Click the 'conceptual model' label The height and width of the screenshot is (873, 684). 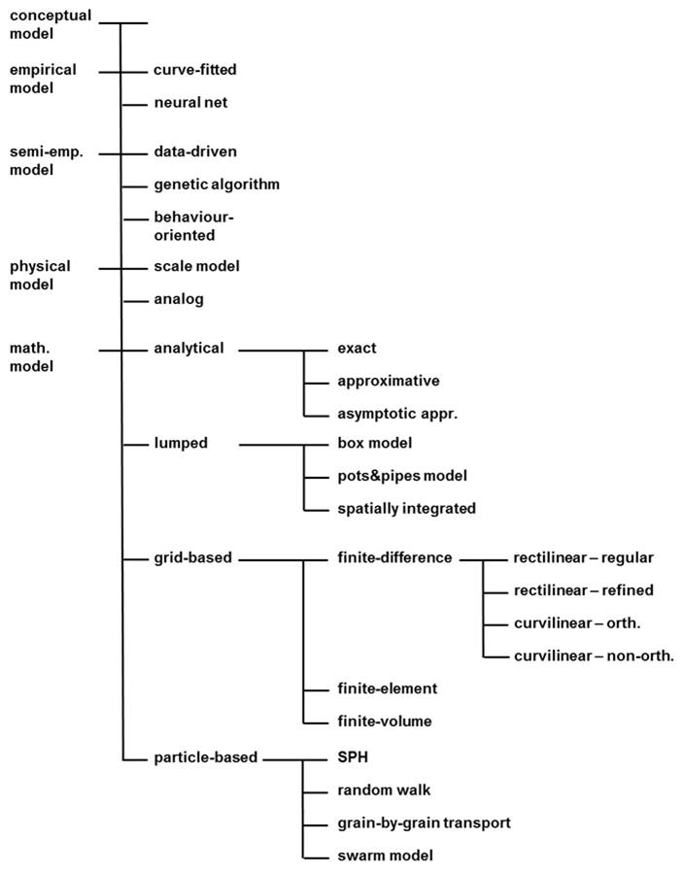click(x=50, y=24)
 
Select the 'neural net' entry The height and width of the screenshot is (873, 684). click(x=190, y=102)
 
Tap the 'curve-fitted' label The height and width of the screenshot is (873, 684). click(x=195, y=70)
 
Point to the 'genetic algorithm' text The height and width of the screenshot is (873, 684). click(x=217, y=184)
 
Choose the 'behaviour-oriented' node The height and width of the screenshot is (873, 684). click(x=194, y=225)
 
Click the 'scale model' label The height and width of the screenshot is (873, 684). click(x=196, y=266)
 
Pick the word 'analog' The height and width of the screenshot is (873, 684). click(x=179, y=299)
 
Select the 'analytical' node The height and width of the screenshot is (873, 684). click(x=188, y=348)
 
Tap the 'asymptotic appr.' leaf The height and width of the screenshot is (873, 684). click(x=396, y=413)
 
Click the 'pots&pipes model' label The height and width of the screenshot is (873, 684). click(x=402, y=475)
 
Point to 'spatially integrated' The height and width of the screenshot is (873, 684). click(x=406, y=508)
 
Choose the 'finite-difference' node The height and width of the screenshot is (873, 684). click(x=394, y=557)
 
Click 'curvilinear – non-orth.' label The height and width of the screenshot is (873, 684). click(x=593, y=655)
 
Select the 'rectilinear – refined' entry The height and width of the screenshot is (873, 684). click(x=583, y=590)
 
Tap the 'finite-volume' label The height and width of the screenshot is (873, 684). click(x=384, y=721)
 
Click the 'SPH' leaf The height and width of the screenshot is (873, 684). click(x=352, y=756)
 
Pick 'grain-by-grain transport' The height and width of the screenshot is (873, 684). click(x=424, y=823)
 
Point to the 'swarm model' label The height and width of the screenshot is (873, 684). click(x=385, y=856)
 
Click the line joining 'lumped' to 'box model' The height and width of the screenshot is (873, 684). click(x=272, y=444)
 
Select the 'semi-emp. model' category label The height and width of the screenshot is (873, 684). click(x=41, y=160)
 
